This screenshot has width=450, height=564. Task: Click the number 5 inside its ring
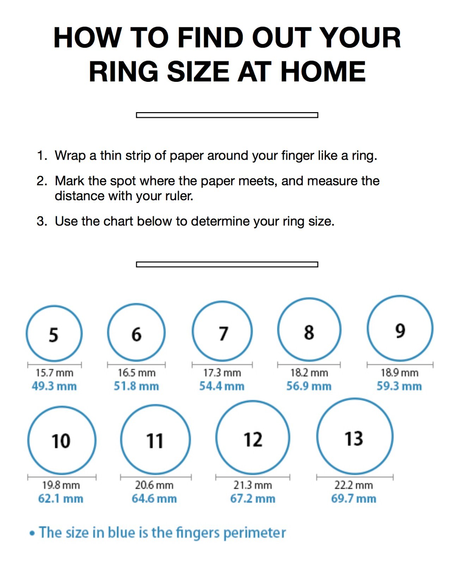(x=53, y=335)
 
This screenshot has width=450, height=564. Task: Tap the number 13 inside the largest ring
(x=354, y=439)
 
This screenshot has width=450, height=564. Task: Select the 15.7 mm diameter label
(x=54, y=373)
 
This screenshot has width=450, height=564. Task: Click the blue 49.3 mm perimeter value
(x=54, y=386)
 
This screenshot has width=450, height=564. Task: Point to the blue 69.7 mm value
(x=353, y=499)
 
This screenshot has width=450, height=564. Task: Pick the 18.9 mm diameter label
(x=399, y=373)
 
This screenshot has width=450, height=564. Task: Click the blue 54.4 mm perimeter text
(x=221, y=386)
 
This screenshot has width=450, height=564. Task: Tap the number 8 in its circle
(x=309, y=332)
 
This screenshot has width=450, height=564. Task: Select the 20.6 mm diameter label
(x=154, y=485)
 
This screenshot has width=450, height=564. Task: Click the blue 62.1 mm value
(x=61, y=499)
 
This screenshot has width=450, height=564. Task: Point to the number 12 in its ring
(x=253, y=440)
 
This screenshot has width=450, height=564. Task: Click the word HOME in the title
(x=323, y=72)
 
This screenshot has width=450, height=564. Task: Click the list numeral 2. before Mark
(x=42, y=181)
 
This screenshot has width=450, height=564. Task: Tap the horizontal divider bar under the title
(x=227, y=115)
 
